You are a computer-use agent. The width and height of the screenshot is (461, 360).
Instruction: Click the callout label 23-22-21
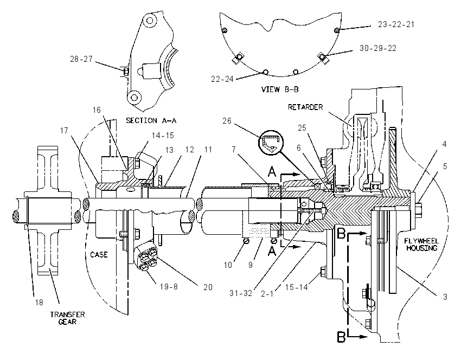(x=396, y=24)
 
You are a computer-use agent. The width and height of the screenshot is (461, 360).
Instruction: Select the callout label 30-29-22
(x=378, y=48)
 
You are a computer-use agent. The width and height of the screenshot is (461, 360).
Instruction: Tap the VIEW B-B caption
(x=280, y=89)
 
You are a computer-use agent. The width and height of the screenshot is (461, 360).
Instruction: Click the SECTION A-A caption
(x=151, y=120)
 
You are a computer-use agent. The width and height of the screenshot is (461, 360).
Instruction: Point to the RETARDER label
(x=305, y=107)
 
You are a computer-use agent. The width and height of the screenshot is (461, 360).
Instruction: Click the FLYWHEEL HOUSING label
(x=421, y=245)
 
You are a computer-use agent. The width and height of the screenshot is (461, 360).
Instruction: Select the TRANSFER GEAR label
(x=67, y=318)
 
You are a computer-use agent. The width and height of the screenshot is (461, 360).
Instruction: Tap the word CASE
(x=99, y=254)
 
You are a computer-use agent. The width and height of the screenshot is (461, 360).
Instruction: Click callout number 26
(x=227, y=121)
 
